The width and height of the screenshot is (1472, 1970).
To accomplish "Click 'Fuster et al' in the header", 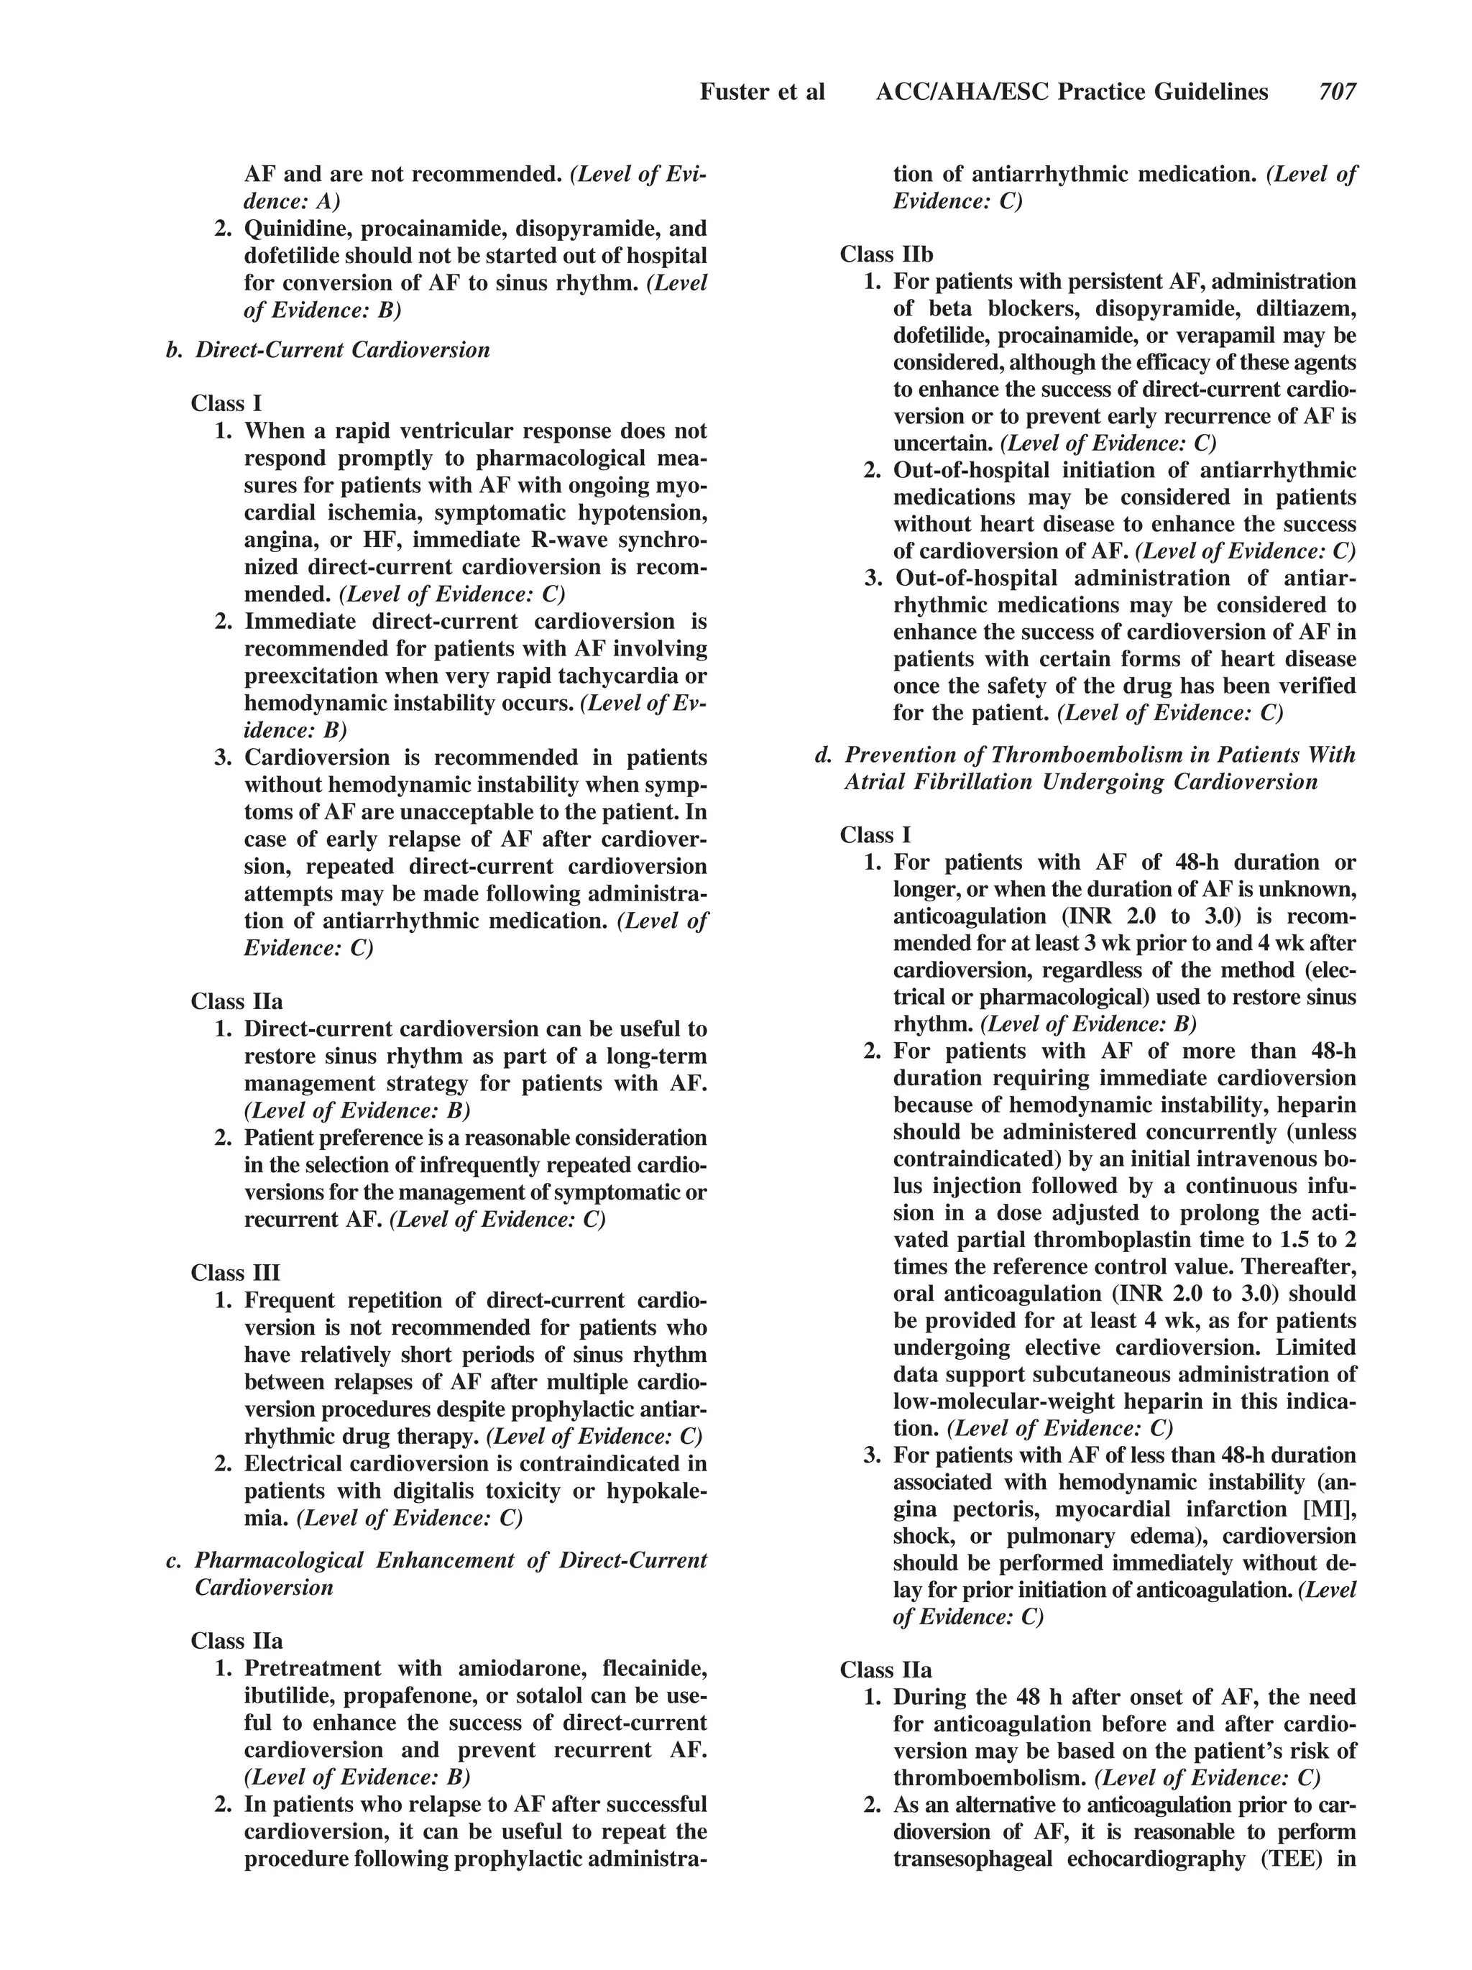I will click(763, 92).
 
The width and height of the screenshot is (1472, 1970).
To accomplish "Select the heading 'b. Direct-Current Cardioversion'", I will click(328, 349).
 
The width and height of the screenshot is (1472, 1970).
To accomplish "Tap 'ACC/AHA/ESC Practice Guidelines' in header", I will click(1071, 92).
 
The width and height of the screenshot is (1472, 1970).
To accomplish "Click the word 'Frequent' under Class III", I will click(287, 1300).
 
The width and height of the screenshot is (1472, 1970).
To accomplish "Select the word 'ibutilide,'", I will click(287, 1695).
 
